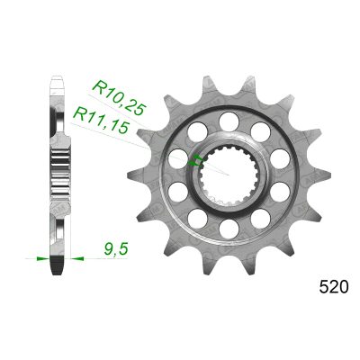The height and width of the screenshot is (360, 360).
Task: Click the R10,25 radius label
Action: tap(120, 98)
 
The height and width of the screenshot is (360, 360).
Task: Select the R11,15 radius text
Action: tap(101, 120)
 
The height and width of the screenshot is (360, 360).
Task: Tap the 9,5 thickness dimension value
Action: tap(116, 249)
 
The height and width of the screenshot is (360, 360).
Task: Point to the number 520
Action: tap(334, 287)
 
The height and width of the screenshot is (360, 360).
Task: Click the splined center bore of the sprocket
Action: tap(229, 174)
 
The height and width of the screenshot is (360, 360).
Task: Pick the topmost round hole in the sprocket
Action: tap(229, 121)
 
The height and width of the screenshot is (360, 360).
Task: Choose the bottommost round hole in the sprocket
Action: tap(229, 229)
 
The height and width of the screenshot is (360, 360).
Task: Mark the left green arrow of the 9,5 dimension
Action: tap(42, 258)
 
